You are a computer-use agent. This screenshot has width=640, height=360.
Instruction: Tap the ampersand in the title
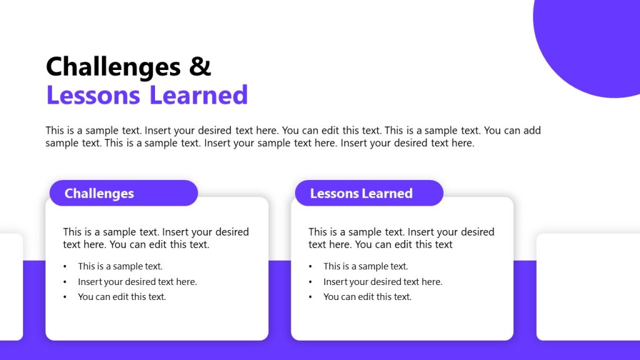tap(200, 66)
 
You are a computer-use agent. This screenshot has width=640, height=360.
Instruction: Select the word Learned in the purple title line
tap(198, 95)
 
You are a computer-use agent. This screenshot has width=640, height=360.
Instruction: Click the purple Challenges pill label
tap(123, 193)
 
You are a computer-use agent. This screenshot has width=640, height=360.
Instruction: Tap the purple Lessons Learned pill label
tap(369, 193)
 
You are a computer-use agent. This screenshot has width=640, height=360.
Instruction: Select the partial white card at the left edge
tap(11, 287)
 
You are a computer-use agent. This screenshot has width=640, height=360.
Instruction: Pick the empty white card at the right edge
tap(588, 287)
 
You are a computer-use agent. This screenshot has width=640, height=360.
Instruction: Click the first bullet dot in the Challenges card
tap(65, 267)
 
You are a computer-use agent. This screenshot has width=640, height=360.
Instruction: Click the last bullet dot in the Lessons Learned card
tap(311, 297)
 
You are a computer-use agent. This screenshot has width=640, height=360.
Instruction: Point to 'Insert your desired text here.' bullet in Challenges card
tap(137, 282)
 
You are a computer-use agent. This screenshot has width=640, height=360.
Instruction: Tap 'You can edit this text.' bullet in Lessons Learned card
tap(367, 297)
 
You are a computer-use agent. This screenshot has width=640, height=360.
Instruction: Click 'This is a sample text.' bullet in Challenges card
tap(120, 266)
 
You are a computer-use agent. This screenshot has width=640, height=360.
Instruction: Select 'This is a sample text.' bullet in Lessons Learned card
tap(366, 266)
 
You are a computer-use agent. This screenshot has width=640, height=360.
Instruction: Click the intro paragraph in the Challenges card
tap(156, 238)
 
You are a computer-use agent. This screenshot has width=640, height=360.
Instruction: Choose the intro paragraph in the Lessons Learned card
tap(401, 238)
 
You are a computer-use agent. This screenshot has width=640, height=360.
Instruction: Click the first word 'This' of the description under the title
tap(54, 131)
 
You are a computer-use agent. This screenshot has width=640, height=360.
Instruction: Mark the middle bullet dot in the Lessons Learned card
tap(311, 282)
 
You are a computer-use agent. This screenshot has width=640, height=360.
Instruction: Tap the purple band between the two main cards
tap(279, 300)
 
